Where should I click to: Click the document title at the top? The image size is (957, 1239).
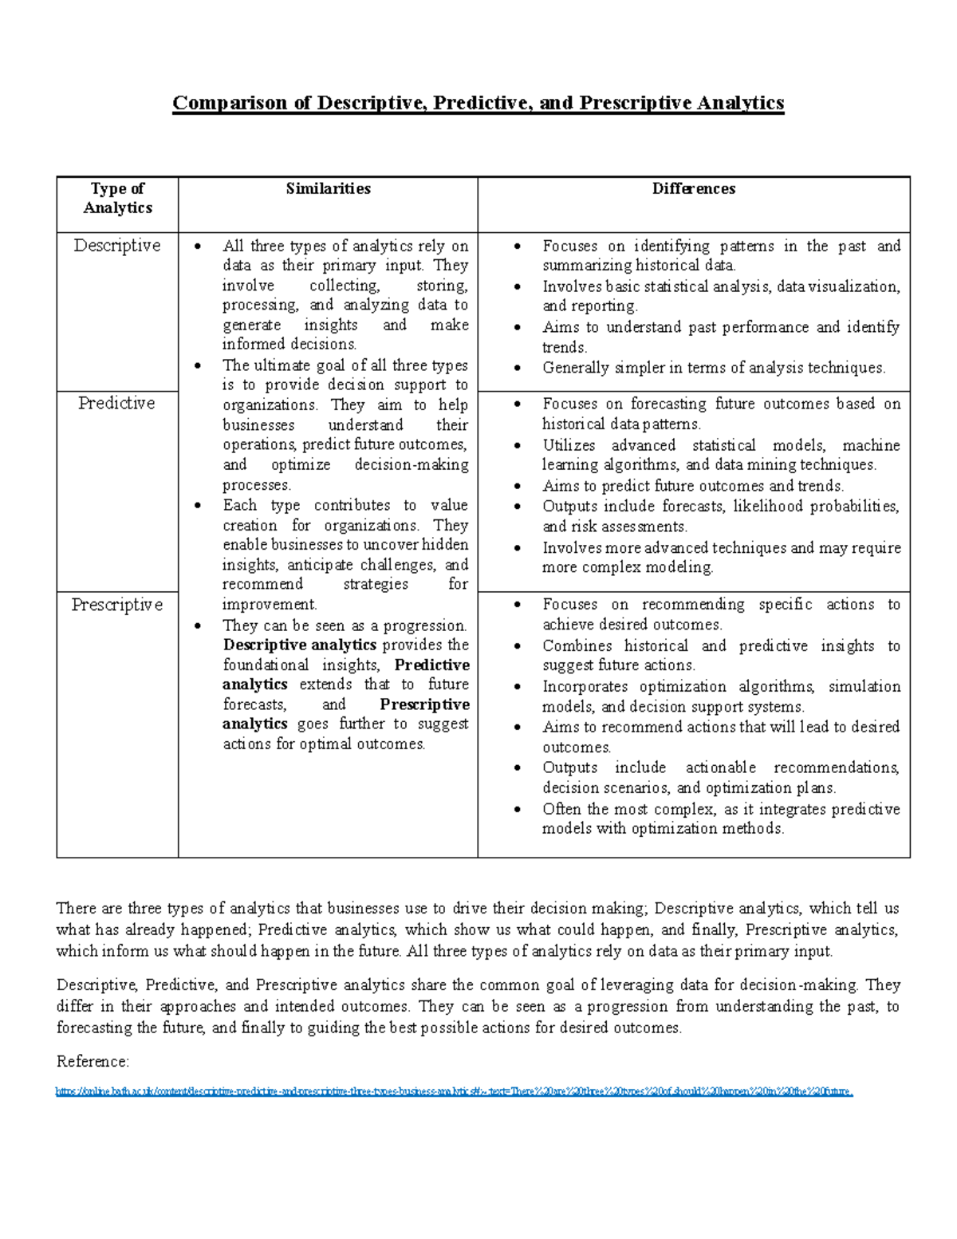[478, 103]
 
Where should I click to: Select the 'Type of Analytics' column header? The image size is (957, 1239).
[117, 198]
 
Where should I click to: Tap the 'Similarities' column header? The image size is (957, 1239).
[328, 188]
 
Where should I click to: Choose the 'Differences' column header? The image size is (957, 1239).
[693, 188]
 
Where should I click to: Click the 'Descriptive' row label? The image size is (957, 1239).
[117, 246]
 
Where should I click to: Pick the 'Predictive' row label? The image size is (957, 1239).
[116, 403]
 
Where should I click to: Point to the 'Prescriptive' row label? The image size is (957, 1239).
[117, 605]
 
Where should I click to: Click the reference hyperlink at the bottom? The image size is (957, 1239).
[454, 1091]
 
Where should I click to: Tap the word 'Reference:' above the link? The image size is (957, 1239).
[93, 1061]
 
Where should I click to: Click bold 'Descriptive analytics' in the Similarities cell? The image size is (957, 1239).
[299, 645]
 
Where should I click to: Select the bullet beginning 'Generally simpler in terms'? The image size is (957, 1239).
[714, 368]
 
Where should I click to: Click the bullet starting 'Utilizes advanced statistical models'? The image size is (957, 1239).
[721, 455]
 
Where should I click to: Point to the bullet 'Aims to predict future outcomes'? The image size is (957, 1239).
[693, 486]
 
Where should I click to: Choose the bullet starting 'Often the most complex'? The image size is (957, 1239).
[721, 819]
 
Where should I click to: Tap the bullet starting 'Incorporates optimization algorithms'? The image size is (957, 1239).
[721, 696]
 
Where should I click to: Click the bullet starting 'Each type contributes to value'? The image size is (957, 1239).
[345, 554]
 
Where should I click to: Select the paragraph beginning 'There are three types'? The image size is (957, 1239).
[477, 929]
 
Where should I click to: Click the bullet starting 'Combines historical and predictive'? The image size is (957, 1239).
[721, 655]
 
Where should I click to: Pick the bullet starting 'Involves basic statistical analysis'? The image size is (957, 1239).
[721, 296]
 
